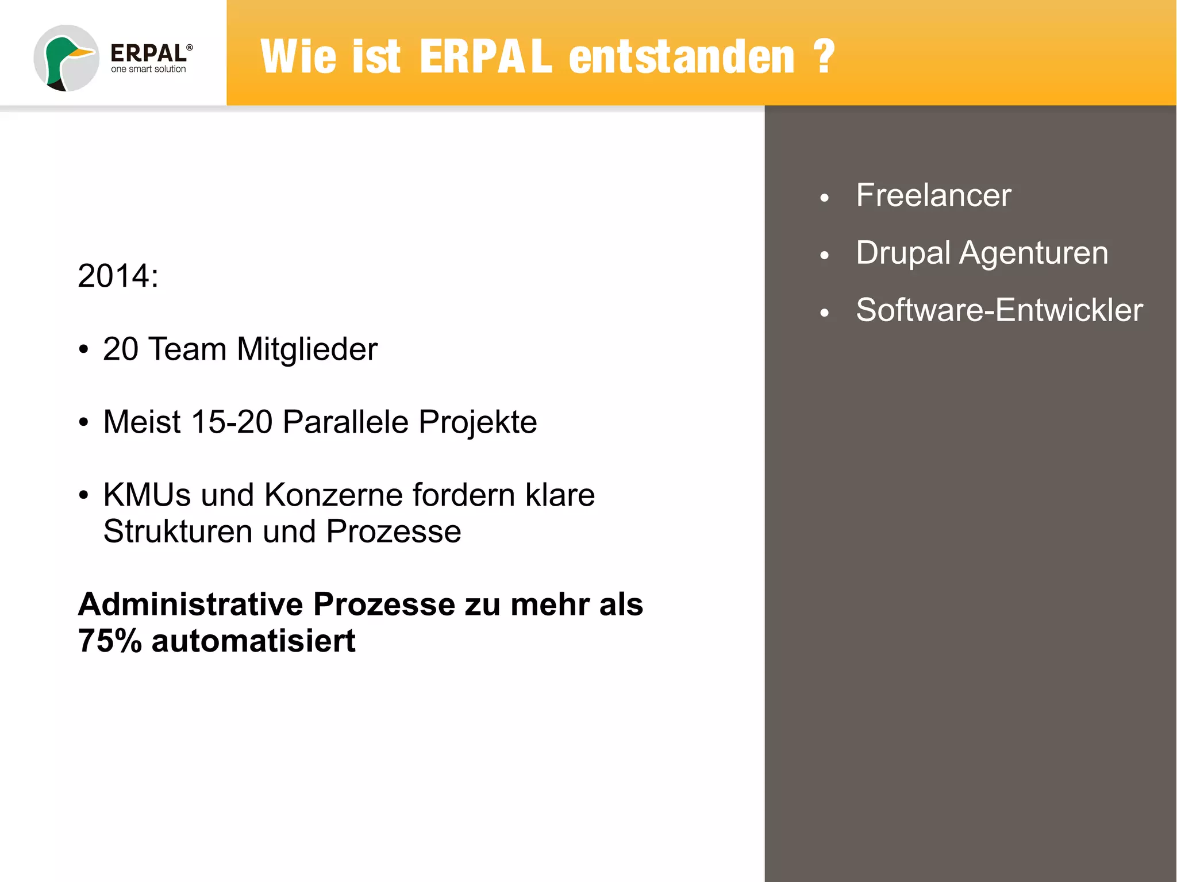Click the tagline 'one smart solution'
[148, 69]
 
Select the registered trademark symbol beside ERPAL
[190, 48]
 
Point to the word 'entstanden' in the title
[682, 57]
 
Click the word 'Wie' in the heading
[298, 57]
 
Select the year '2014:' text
[118, 276]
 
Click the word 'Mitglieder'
[307, 349]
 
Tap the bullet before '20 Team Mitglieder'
[84, 349]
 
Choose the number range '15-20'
[232, 422]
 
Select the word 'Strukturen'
[178, 531]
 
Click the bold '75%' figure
[110, 641]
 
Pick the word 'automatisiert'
[253, 641]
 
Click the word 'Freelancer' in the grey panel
[933, 195]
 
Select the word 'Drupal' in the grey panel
[903, 253]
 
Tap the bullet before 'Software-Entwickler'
[825, 313]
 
